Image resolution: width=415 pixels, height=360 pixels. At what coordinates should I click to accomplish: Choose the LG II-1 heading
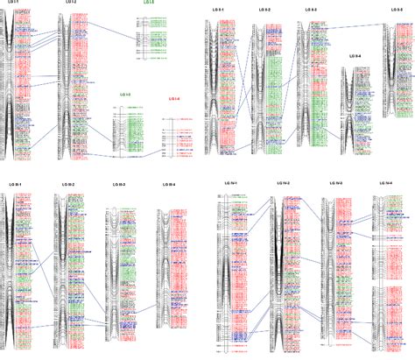tap(220, 9)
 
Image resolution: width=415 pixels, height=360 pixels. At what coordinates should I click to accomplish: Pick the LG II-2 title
tap(264, 9)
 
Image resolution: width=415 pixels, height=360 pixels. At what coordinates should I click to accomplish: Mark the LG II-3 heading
tap(311, 9)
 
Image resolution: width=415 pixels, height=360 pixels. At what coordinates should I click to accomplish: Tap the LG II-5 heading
tap(397, 9)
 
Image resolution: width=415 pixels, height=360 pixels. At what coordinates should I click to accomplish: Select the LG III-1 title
tap(15, 184)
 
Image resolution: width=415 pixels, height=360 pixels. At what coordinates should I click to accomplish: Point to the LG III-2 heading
tap(67, 184)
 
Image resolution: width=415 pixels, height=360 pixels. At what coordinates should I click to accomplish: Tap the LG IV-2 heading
tap(284, 182)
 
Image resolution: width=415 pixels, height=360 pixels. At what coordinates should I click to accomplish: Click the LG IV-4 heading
tap(385, 182)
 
